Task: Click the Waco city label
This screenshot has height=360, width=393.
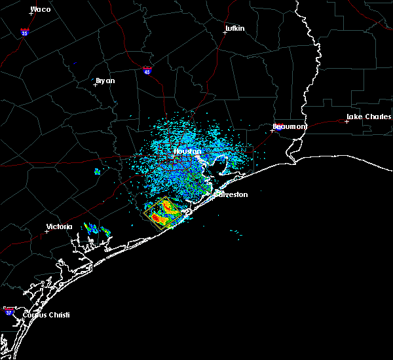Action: (41, 10)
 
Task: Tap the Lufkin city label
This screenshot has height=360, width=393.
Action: (234, 29)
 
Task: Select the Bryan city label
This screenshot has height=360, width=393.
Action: (105, 81)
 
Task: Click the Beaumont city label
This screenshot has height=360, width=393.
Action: (290, 126)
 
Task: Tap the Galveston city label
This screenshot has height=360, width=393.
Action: (232, 194)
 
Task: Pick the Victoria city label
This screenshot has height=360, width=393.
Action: (59, 227)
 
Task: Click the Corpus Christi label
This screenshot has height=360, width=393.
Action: (46, 315)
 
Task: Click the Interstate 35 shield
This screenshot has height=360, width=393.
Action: (24, 32)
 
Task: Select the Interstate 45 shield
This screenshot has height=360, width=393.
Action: (147, 69)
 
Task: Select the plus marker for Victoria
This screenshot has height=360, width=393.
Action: (47, 231)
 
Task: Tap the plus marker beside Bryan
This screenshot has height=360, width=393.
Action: (95, 84)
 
